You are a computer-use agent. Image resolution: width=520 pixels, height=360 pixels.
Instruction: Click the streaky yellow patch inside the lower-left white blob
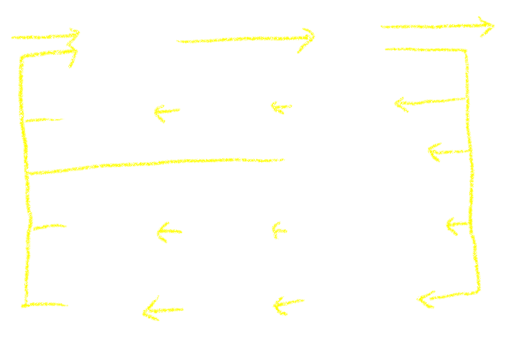tap(150, 308)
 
